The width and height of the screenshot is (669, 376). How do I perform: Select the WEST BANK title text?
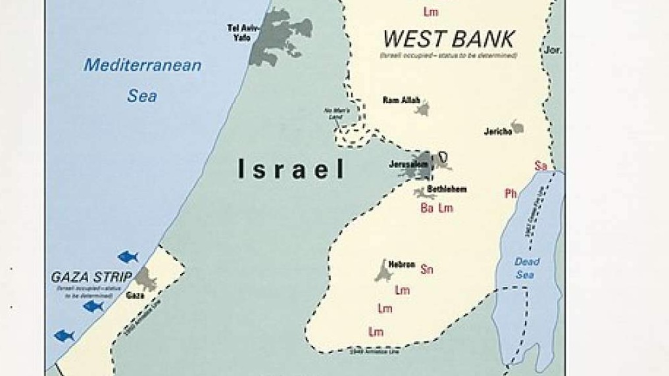click(448, 38)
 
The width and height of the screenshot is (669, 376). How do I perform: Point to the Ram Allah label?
click(401, 100)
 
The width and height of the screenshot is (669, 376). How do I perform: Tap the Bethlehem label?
click(447, 189)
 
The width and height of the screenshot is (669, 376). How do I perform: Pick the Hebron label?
click(401, 264)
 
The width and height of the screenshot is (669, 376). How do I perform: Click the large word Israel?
click(291, 170)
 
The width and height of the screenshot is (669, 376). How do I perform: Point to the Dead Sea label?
click(527, 269)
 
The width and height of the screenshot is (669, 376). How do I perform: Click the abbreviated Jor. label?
click(553, 50)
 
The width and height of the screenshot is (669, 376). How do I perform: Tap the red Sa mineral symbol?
click(541, 166)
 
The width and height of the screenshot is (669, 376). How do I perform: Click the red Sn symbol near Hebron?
click(427, 269)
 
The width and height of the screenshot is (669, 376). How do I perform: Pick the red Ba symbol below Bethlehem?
click(427, 208)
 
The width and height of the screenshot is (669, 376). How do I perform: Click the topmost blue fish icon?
click(128, 256)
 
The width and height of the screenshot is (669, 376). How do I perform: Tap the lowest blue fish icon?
click(64, 335)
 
